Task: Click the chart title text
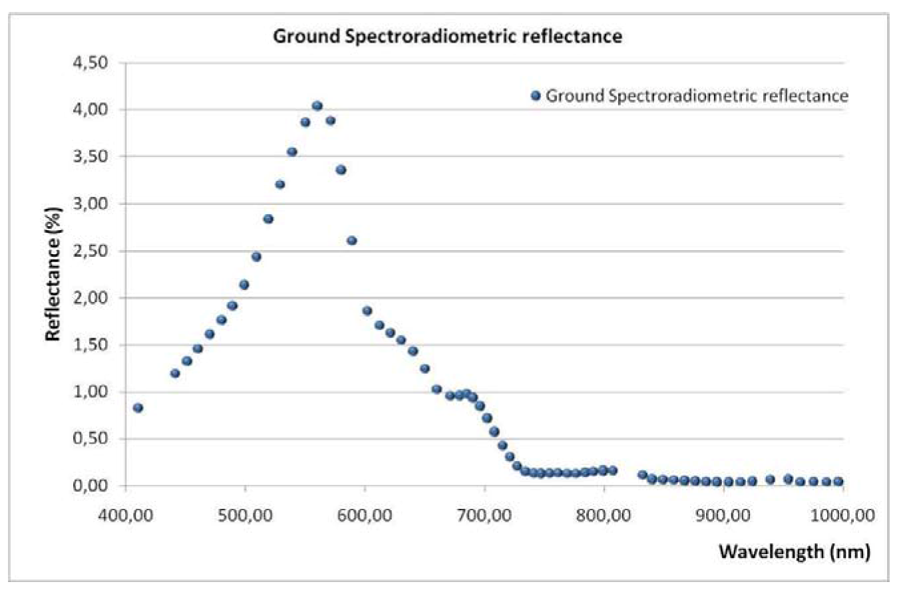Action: [x=448, y=37]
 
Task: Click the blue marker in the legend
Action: [x=536, y=96]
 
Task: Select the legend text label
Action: [x=697, y=96]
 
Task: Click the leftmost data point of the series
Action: [x=138, y=408]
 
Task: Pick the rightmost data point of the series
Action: [x=838, y=482]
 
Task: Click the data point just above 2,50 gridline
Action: [x=352, y=241]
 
